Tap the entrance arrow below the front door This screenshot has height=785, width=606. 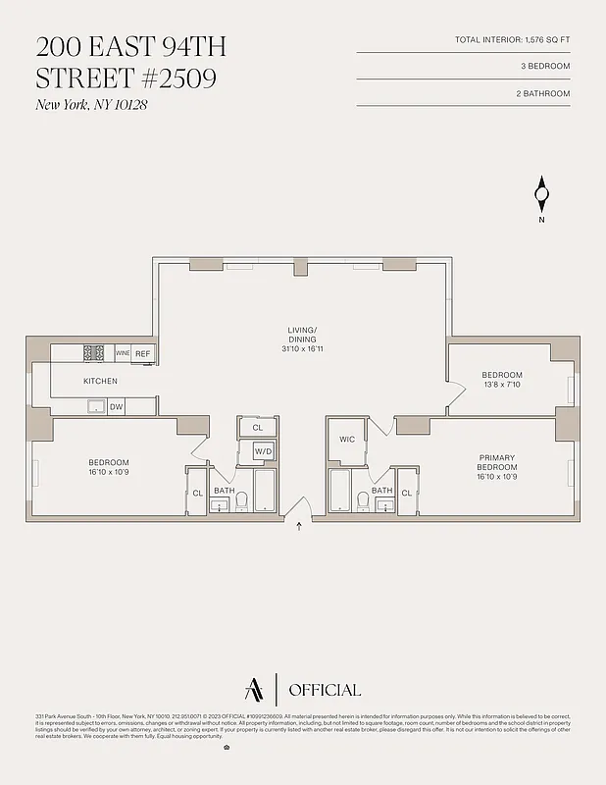(x=300, y=527)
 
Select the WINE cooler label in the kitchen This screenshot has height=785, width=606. (x=123, y=353)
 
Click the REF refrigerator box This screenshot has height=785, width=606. (x=143, y=353)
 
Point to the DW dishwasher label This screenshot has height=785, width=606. (x=116, y=406)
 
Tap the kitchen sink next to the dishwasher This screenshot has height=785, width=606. (x=95, y=406)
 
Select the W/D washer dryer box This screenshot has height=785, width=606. (x=263, y=450)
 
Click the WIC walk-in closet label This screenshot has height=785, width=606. (x=347, y=439)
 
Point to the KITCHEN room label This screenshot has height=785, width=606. (x=100, y=381)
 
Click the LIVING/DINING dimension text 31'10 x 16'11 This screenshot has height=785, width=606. (x=302, y=348)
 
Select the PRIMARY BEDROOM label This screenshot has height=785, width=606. (x=496, y=462)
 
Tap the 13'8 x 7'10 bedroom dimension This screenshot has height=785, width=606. (x=501, y=385)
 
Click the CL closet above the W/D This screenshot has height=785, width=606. (x=258, y=428)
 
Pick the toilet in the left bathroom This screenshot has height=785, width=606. (x=241, y=502)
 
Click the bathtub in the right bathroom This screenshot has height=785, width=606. (x=339, y=492)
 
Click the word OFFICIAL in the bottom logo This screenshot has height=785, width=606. (x=325, y=690)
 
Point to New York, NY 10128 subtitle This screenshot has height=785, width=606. (x=91, y=105)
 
